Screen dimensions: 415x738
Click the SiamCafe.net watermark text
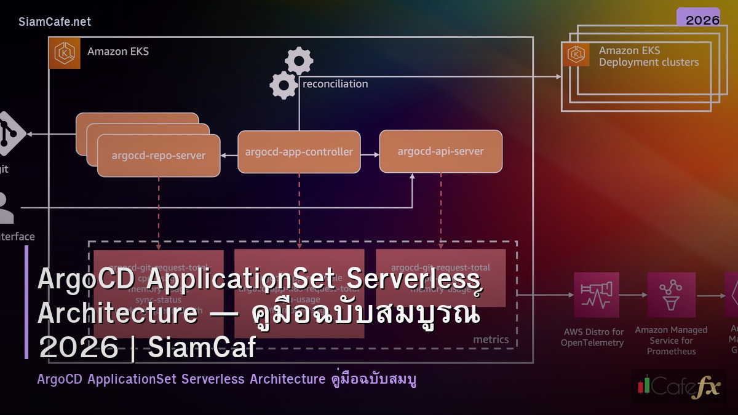(x=55, y=22)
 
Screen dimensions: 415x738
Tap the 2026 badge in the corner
(x=702, y=20)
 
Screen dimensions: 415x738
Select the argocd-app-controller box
(x=299, y=152)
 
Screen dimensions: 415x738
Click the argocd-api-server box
(x=440, y=151)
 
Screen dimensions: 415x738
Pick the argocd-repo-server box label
(x=158, y=156)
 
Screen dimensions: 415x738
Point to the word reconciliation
(x=335, y=84)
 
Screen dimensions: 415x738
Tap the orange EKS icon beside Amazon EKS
(x=64, y=53)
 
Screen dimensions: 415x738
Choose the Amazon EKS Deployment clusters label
(x=648, y=56)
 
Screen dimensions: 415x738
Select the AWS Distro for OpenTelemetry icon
(x=596, y=294)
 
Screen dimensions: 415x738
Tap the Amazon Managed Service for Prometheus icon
(x=671, y=294)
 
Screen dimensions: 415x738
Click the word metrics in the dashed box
(x=491, y=339)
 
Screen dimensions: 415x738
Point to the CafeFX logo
(x=678, y=386)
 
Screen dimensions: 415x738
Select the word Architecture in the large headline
(x=117, y=313)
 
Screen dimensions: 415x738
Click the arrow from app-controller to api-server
(x=370, y=155)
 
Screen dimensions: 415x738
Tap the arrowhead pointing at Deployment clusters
(x=558, y=77)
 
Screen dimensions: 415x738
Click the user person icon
(x=6, y=208)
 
